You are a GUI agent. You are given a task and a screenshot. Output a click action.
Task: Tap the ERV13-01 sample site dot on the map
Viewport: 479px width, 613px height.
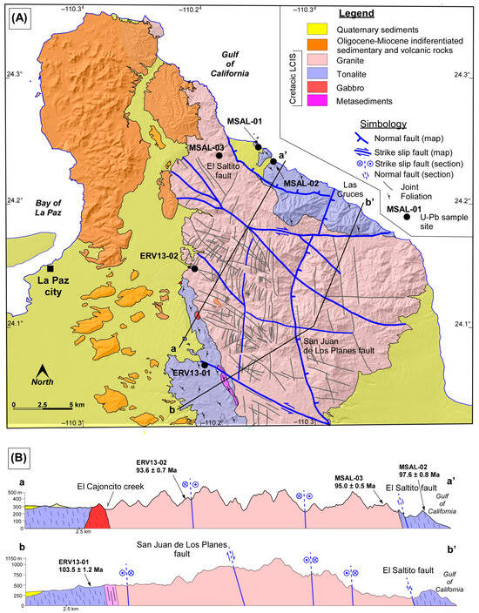(x=204, y=365)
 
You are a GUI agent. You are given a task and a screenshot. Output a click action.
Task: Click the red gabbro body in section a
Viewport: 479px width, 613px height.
(x=97, y=517)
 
